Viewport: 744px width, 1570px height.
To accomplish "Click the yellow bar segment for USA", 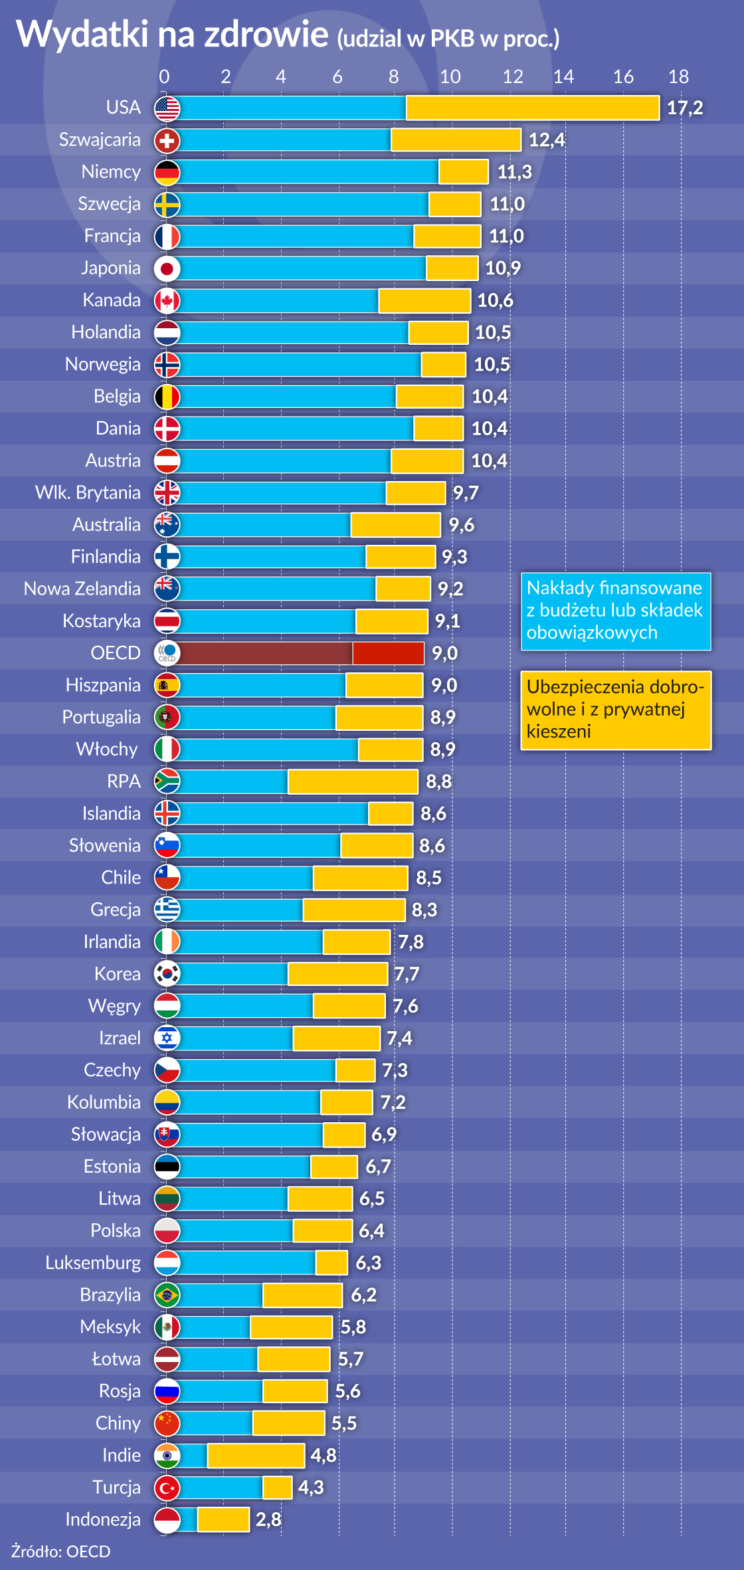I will click(x=532, y=108).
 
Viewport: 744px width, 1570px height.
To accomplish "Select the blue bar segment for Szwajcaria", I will click(x=284, y=140).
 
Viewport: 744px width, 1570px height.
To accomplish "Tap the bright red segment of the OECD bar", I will click(x=388, y=653).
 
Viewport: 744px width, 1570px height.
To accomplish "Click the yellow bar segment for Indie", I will click(x=256, y=1456).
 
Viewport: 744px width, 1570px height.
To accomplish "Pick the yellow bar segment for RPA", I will click(x=353, y=782).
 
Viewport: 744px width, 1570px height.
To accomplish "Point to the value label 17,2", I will click(x=685, y=108).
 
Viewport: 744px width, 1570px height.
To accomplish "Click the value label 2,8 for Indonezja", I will click(x=268, y=1520).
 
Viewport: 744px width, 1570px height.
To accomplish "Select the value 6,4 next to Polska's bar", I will click(x=371, y=1231).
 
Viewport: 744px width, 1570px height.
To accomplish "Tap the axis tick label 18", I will click(x=678, y=77).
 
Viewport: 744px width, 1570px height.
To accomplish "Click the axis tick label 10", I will click(x=450, y=77).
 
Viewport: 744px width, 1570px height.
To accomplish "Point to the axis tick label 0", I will click(x=164, y=77).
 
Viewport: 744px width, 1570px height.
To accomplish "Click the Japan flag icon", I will click(x=167, y=268).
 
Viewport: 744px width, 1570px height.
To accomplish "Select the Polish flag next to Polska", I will click(x=167, y=1231).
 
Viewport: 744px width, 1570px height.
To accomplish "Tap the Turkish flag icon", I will click(x=167, y=1488).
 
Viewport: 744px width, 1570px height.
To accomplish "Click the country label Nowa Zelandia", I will click(x=82, y=589).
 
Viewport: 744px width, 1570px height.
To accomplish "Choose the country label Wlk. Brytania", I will click(x=88, y=493).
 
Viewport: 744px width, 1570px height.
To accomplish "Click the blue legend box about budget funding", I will click(x=615, y=611).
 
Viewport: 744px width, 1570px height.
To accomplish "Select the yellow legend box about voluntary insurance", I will click(x=615, y=710).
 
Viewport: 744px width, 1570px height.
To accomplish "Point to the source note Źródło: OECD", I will click(x=61, y=1551).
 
